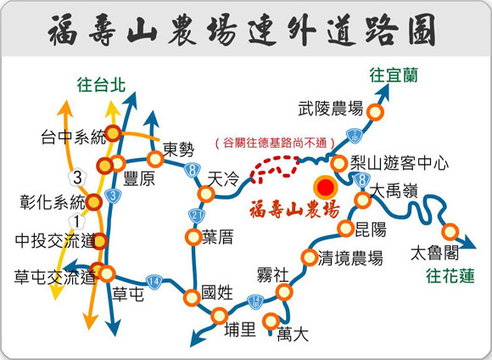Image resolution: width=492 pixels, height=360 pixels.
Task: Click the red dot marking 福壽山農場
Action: (x=326, y=188)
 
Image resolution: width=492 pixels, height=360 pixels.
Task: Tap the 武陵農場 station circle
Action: (x=375, y=112)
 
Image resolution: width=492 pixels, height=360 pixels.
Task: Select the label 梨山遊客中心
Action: (x=400, y=163)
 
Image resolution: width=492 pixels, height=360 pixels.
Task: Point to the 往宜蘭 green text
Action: (x=394, y=76)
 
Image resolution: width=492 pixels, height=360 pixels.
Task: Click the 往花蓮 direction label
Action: (x=450, y=277)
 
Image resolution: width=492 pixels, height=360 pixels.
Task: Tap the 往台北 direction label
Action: (x=101, y=85)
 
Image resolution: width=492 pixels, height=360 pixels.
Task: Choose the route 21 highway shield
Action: (x=197, y=216)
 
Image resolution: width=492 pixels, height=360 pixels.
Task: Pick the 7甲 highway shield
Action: (x=355, y=137)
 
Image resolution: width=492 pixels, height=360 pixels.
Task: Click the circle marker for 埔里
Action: (x=220, y=316)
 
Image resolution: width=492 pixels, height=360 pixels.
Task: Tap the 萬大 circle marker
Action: (x=271, y=321)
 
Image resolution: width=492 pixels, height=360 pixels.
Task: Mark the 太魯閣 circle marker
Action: (x=450, y=232)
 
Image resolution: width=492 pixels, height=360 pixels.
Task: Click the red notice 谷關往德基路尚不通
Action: (x=275, y=143)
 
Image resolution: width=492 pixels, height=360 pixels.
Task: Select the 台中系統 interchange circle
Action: (x=113, y=133)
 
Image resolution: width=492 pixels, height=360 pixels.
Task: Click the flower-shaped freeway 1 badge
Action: (x=77, y=222)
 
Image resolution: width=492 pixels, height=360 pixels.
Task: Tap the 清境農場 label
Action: (x=350, y=258)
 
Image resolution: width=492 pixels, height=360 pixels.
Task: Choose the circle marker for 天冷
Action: (x=206, y=194)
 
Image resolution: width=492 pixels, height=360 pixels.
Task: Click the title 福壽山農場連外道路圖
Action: (x=242, y=30)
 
